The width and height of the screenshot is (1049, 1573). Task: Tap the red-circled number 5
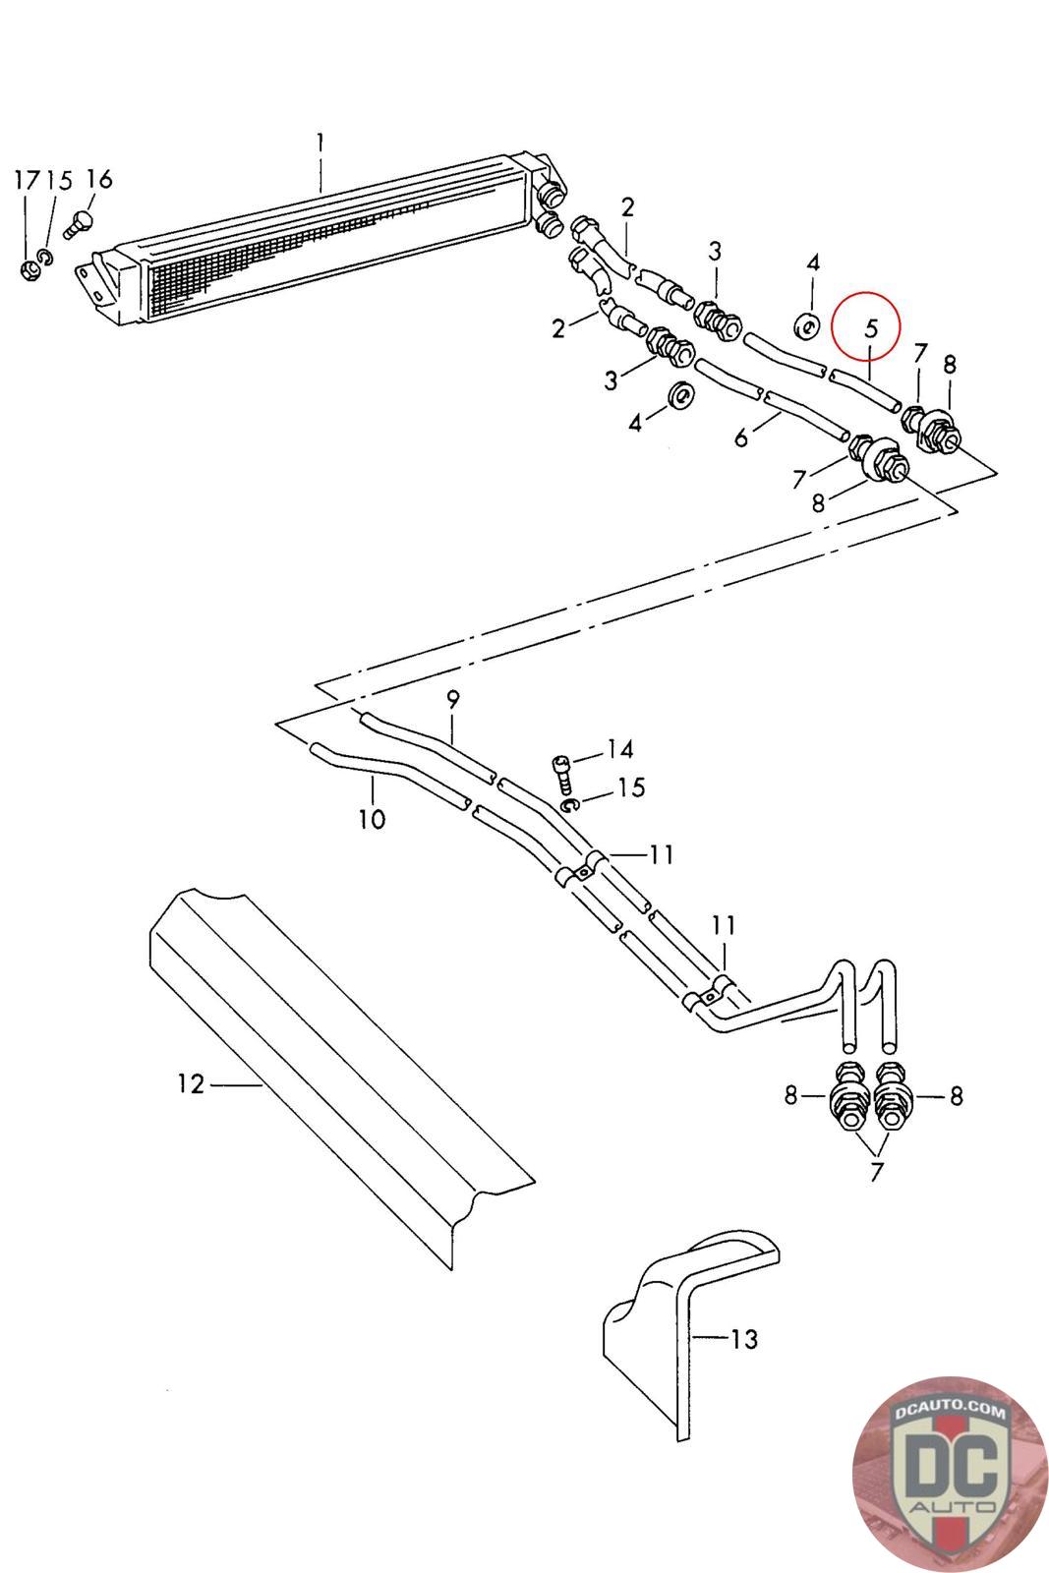click(871, 328)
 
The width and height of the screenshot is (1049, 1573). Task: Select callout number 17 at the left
click(28, 181)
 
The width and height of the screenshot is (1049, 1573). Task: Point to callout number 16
click(99, 179)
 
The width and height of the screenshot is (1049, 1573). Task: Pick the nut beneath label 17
click(29, 269)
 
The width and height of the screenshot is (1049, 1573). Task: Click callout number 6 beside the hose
click(741, 438)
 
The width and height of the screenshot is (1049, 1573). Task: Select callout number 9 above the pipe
click(453, 699)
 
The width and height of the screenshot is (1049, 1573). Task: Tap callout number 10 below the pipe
click(373, 819)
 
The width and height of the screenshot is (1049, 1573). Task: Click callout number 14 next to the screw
click(620, 749)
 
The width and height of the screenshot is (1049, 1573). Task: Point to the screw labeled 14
click(563, 776)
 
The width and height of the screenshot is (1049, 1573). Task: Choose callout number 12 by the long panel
click(191, 1083)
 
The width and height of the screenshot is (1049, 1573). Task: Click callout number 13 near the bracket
click(744, 1339)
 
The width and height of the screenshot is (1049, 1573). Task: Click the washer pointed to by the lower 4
click(681, 394)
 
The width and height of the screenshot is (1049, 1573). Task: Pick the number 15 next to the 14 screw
click(631, 787)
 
